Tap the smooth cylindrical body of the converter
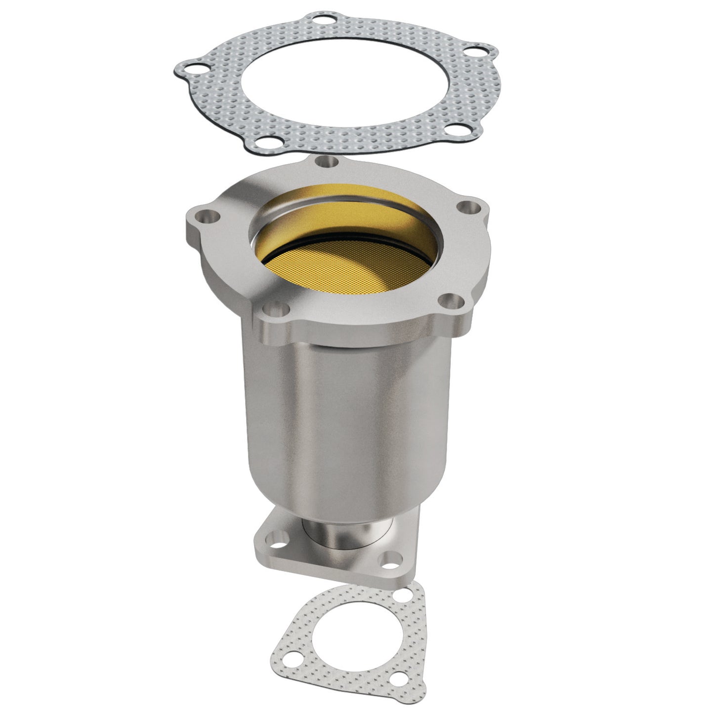346,420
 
